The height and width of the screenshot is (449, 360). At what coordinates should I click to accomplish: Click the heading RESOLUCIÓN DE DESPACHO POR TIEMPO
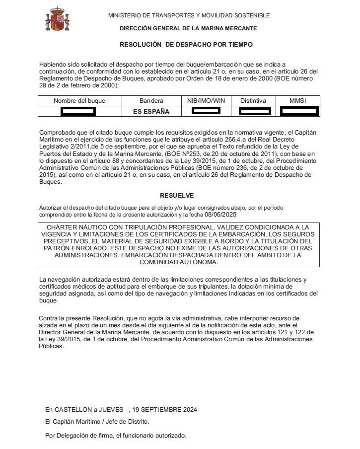(186, 45)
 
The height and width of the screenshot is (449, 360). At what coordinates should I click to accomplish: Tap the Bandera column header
(151, 101)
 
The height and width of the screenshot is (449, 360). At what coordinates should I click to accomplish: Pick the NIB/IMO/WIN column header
(206, 101)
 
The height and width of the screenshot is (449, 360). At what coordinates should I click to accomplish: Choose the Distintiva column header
(253, 101)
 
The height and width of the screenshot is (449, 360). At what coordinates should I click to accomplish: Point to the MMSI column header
(298, 101)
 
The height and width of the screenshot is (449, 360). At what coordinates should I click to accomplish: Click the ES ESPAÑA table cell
(151, 112)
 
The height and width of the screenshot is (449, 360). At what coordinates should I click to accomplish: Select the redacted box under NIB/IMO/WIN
(206, 110)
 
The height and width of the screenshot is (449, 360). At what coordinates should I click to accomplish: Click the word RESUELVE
(177, 196)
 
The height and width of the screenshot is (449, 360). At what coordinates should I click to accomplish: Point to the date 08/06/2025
(221, 214)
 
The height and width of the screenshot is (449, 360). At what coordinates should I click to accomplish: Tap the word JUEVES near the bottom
(111, 410)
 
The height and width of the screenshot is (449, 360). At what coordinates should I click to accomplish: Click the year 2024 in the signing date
(189, 410)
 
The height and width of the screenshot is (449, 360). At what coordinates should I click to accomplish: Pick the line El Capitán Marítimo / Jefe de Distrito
(97, 422)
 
